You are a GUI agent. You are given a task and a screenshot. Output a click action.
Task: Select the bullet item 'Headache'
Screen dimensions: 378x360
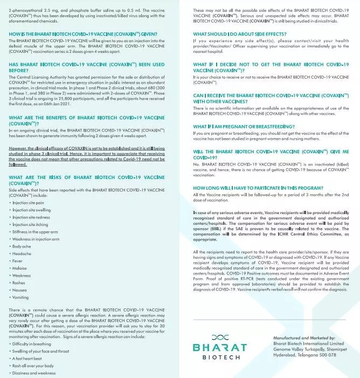pyautogui.click(x=24, y=253)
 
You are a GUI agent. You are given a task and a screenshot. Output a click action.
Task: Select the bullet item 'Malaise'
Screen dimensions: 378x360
pyautogui.click(x=22, y=268)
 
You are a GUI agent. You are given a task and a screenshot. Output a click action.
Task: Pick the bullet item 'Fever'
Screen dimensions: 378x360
pyautogui.click(x=20, y=260)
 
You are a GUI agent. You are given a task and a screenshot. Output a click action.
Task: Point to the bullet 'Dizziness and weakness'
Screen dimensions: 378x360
pyautogui.click(x=36, y=373)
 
